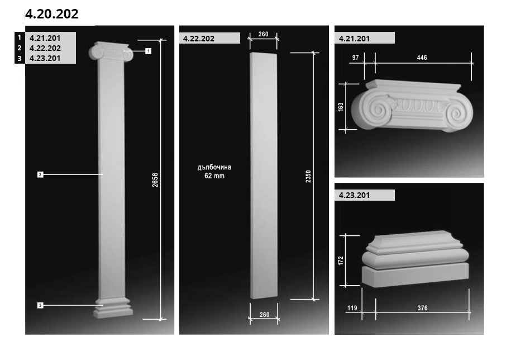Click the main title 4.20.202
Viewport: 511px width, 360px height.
52,14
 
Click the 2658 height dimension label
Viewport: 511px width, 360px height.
155,179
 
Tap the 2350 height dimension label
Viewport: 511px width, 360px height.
308,177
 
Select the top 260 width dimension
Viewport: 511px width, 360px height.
264,34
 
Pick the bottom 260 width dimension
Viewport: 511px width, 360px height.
264,315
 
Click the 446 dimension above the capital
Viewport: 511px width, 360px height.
422,58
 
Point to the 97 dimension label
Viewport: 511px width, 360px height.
356,58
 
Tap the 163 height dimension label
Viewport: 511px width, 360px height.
341,107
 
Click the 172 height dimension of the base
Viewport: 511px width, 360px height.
341,260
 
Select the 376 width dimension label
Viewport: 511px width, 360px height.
422,308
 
